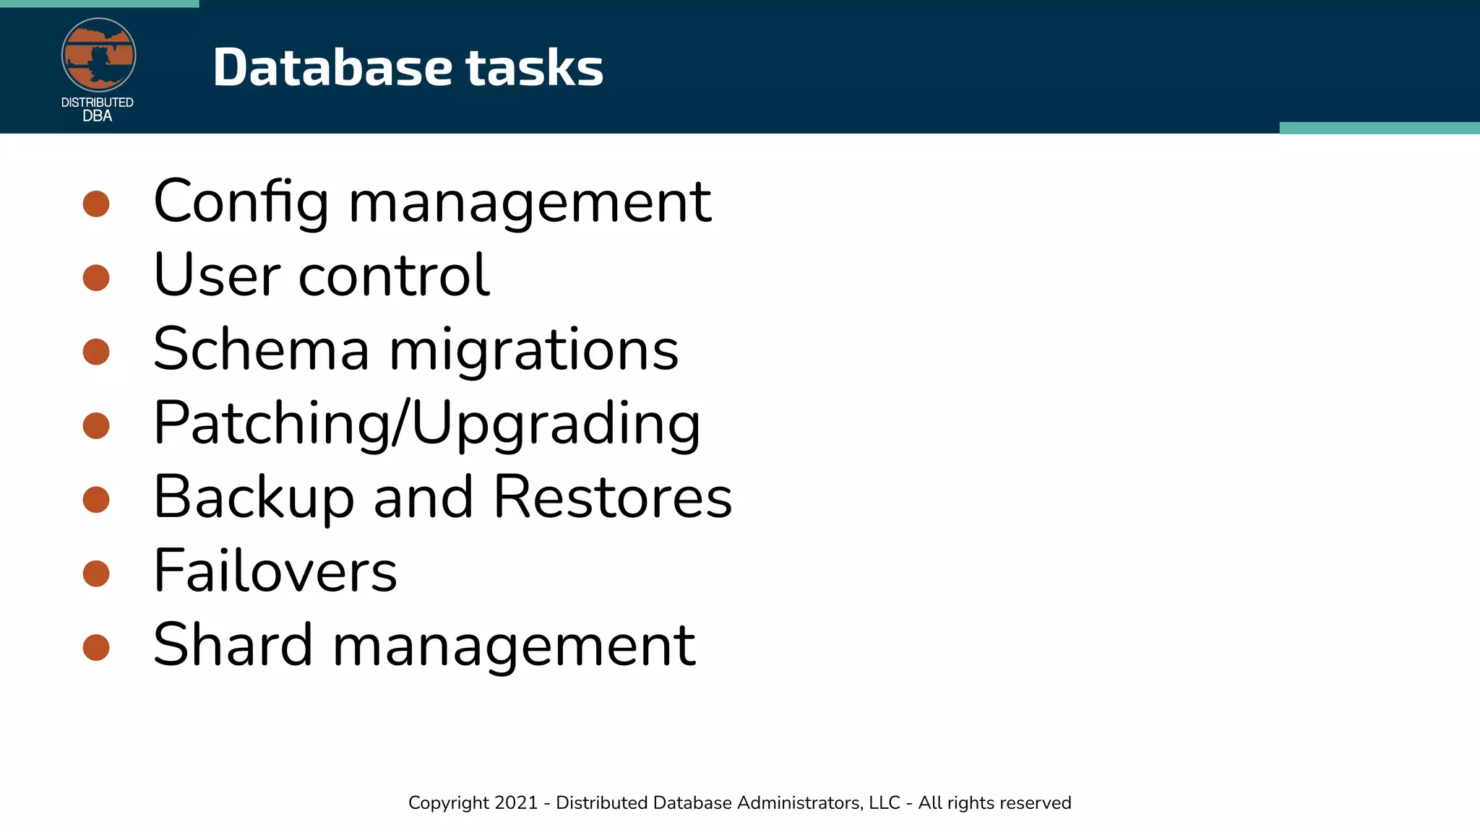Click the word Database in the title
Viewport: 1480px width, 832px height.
pyautogui.click(x=332, y=67)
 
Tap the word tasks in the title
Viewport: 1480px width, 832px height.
pyautogui.click(x=534, y=67)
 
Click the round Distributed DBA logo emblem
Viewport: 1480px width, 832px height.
pyautogui.click(x=98, y=56)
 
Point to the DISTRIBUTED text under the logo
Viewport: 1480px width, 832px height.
pyautogui.click(x=98, y=103)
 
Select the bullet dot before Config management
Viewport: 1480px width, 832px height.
pyautogui.click(x=96, y=204)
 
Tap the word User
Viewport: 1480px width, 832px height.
pyautogui.click(x=217, y=276)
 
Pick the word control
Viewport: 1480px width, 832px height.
pyautogui.click(x=394, y=276)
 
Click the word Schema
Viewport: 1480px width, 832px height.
pyautogui.click(x=262, y=350)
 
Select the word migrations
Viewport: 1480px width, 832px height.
pyautogui.click(x=534, y=350)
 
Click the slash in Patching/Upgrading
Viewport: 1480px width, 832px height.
pyautogui.click(x=401, y=424)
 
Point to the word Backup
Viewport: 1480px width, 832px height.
pyautogui.click(x=254, y=498)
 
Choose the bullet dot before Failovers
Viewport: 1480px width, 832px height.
pyautogui.click(x=96, y=573)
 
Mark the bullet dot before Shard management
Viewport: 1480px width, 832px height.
pyautogui.click(x=96, y=647)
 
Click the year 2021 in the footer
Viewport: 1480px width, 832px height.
pyautogui.click(x=517, y=803)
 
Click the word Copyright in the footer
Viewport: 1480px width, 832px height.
pyautogui.click(x=449, y=803)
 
